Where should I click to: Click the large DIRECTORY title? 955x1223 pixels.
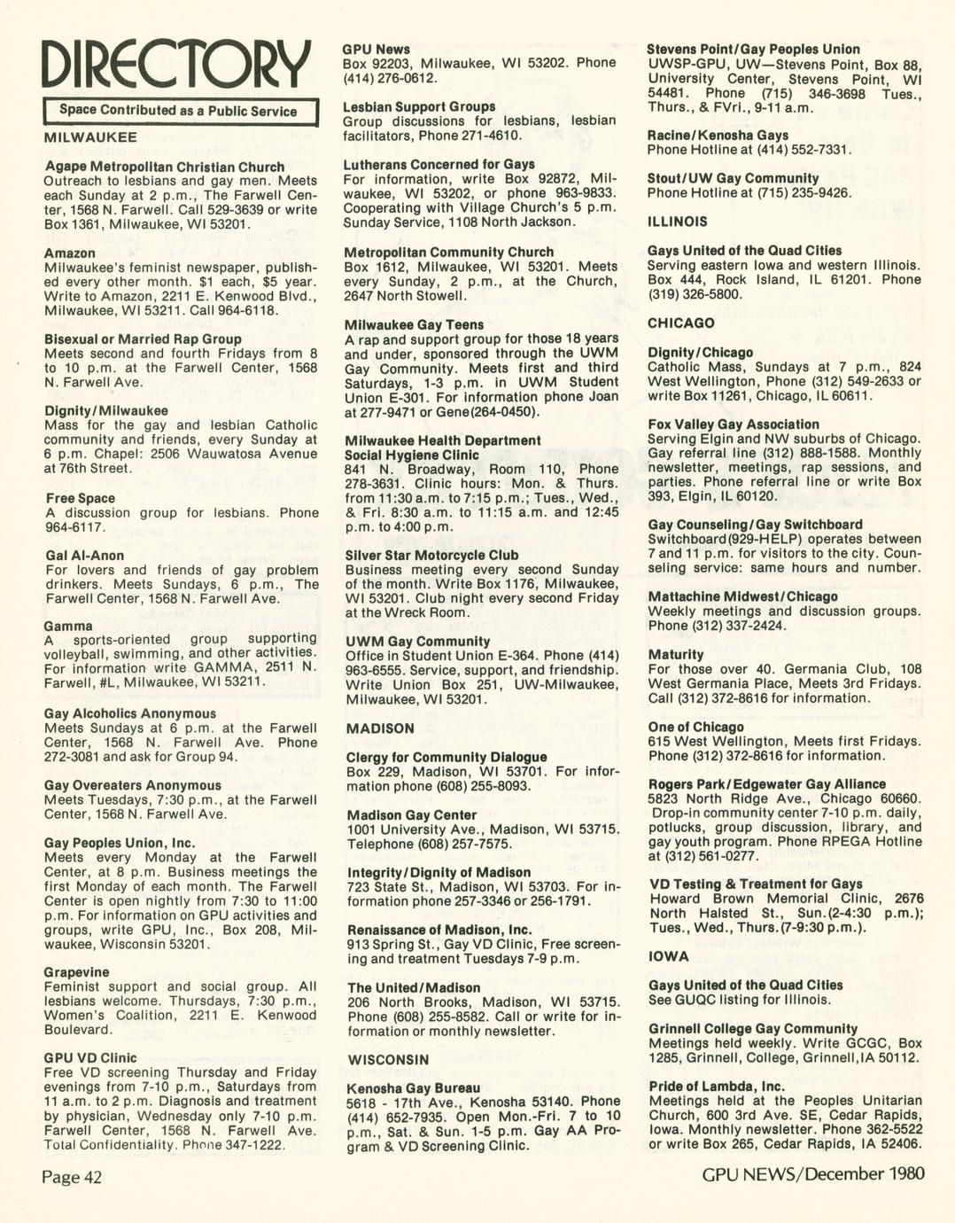(x=177, y=66)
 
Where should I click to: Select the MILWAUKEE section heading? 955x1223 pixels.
(x=90, y=137)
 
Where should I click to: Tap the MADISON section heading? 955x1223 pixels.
(x=380, y=728)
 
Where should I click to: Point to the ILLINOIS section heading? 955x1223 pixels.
(x=677, y=222)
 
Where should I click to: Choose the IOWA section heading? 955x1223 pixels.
(x=668, y=956)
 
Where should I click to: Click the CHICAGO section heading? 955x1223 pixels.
(x=680, y=323)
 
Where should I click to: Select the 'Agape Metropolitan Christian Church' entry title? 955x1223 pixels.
(x=165, y=167)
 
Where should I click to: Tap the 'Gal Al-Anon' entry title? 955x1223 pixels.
(x=84, y=556)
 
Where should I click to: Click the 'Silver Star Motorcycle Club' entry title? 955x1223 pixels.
(x=431, y=556)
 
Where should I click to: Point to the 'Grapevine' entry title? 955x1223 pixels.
(x=77, y=972)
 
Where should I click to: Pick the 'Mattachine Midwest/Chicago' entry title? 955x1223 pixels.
(x=742, y=596)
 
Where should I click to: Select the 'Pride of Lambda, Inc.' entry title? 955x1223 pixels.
(x=717, y=1087)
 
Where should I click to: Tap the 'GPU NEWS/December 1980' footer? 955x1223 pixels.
(x=813, y=1174)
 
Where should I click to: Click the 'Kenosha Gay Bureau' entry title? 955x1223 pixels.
(x=414, y=1088)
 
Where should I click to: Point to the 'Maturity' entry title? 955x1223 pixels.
(x=676, y=655)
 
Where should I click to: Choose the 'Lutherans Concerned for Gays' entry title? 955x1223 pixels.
(x=439, y=164)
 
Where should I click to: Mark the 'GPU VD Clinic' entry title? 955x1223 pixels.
(x=90, y=1057)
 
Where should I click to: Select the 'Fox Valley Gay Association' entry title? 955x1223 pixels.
(x=734, y=425)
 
